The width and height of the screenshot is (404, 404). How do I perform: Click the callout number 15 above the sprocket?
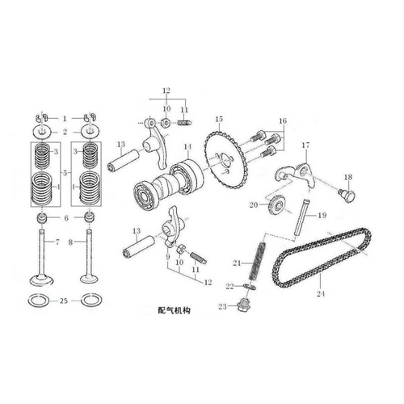[218, 120]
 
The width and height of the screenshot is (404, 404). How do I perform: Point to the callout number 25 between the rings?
[64, 301]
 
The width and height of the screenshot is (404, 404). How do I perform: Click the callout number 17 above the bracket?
[306, 146]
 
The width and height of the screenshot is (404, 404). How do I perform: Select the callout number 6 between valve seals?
[65, 219]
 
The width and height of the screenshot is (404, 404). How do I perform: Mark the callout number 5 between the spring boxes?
[65, 173]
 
